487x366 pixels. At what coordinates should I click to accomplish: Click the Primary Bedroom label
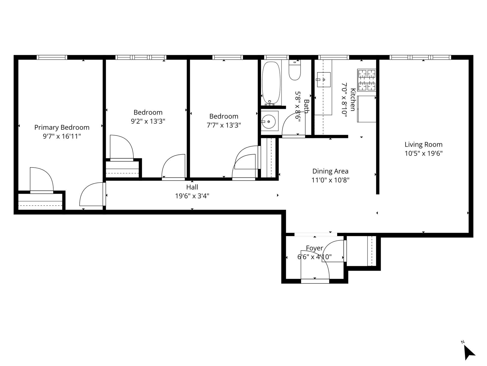62,127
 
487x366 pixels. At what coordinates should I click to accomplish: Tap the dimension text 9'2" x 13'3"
148,121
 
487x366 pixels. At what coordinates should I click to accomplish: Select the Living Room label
424,145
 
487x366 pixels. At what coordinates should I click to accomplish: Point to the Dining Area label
330,171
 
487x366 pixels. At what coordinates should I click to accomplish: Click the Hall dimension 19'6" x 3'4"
192,196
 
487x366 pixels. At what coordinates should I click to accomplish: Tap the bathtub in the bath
271,83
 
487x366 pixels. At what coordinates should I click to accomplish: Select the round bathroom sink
269,122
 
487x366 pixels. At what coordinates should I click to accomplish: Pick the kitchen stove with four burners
367,80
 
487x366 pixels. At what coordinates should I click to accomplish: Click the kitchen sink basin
324,80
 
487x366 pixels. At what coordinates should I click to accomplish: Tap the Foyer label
315,248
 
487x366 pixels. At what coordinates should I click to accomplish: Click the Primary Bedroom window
52,57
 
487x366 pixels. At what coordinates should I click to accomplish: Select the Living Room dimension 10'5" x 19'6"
424,154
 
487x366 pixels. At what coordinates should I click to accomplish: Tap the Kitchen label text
353,100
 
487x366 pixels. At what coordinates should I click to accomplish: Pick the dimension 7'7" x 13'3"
224,125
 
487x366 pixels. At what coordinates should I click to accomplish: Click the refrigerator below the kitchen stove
367,109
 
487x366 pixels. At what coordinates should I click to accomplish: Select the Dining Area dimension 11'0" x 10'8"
331,180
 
